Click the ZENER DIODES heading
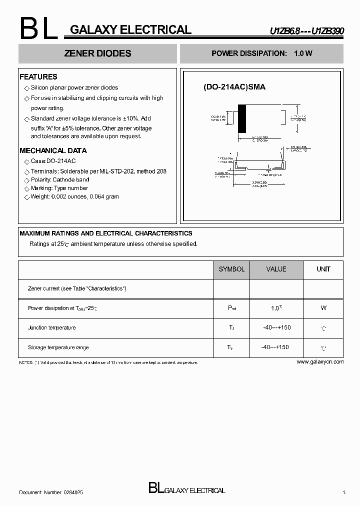point(98,53)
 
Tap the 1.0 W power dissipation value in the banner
point(303,53)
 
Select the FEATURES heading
point(38,77)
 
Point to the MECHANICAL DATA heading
point(53,150)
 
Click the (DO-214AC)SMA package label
point(234,87)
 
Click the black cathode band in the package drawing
point(242,118)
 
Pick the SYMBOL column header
point(231,269)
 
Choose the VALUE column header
point(276,269)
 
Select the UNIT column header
point(323,269)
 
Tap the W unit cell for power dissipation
point(323,308)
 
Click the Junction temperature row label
point(52,327)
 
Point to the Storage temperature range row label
point(58,347)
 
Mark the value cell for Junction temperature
point(276,327)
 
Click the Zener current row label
point(77,288)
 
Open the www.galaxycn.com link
point(320,361)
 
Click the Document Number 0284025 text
point(51,492)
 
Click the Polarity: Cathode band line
point(60,179)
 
